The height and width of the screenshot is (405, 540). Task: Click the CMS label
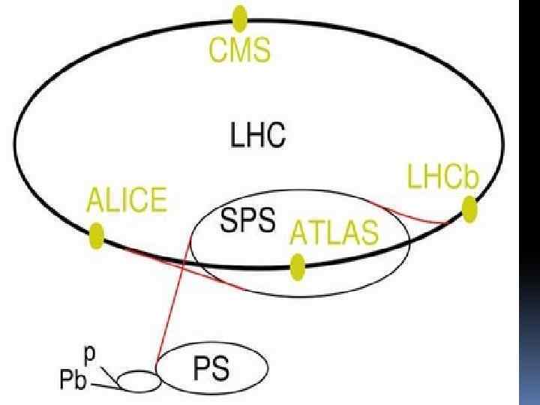240,52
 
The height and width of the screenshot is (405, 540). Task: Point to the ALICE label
127,201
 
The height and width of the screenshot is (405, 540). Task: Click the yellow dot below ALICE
96,235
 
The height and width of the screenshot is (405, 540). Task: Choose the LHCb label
442,178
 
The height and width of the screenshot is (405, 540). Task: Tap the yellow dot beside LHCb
469,209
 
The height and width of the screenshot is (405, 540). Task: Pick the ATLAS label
334,232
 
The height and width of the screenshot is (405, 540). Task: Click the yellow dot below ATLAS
298,266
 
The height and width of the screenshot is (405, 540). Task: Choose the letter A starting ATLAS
299,232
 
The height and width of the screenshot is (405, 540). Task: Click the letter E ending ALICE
157,201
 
